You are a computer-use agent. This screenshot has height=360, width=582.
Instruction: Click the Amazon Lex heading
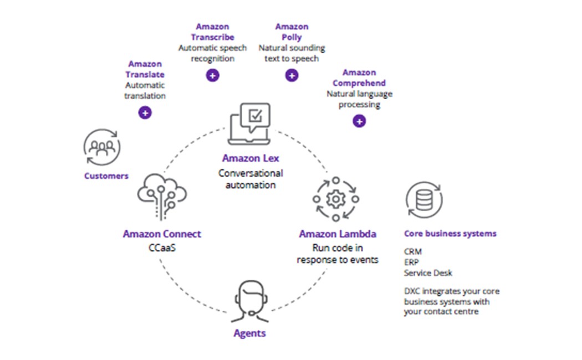(x=250, y=158)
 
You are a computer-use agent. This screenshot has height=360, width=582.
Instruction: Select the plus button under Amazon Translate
(x=145, y=112)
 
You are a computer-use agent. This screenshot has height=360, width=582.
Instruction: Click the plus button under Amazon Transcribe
(x=212, y=76)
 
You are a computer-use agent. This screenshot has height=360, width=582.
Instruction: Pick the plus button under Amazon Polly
(x=292, y=76)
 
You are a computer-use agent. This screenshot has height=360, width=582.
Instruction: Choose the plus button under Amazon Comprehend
(x=359, y=121)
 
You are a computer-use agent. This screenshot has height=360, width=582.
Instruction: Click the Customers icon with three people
(x=102, y=147)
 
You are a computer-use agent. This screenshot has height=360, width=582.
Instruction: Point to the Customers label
(x=106, y=176)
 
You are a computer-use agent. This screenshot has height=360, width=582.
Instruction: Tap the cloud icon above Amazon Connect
(x=162, y=195)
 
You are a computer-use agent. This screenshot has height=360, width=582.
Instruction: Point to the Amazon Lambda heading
(x=338, y=234)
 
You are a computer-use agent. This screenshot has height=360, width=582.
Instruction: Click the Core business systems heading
(x=450, y=234)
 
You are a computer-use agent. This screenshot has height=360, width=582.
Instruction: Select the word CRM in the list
(x=413, y=251)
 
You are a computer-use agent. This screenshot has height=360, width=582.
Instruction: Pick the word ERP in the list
(x=412, y=262)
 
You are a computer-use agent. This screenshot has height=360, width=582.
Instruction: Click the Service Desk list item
(x=428, y=272)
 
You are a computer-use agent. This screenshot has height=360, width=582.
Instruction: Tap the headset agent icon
(x=249, y=301)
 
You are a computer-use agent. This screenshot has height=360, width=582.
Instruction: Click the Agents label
(x=249, y=333)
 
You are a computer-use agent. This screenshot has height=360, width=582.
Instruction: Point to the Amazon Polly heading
(x=292, y=32)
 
